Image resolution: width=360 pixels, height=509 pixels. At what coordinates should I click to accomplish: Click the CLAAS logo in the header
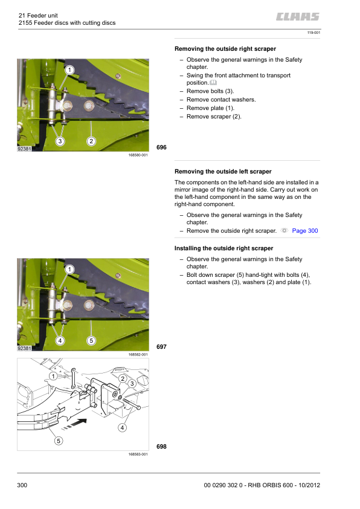(298, 17)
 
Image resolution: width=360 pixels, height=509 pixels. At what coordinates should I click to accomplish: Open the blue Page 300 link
(305, 231)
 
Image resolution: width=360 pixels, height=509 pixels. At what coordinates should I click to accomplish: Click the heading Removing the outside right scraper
(225, 49)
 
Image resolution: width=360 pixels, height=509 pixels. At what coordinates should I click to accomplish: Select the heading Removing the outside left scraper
(223, 172)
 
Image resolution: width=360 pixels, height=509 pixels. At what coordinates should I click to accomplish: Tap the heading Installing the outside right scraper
(223, 248)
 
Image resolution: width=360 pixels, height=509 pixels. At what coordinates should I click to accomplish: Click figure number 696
(161, 148)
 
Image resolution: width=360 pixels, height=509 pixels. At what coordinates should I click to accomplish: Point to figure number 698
(161, 447)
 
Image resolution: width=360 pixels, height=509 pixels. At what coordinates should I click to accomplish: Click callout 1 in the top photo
(69, 70)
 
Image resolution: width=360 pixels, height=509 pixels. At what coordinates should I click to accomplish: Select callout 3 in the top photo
(60, 141)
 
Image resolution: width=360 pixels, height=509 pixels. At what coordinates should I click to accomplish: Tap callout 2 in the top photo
(91, 141)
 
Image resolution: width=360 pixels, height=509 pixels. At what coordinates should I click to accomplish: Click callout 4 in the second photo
(60, 340)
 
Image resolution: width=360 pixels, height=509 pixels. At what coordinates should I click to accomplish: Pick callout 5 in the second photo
(91, 340)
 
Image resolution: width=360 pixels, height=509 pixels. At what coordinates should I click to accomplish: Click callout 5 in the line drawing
(59, 441)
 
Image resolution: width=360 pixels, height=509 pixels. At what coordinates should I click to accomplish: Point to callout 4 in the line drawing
(122, 428)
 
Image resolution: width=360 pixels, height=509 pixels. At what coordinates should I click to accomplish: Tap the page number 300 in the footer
(22, 485)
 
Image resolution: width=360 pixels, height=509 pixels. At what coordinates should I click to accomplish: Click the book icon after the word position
(213, 82)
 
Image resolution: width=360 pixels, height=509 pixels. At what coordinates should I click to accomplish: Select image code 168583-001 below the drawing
(138, 455)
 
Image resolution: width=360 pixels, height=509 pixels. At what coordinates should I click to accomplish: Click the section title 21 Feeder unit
(38, 16)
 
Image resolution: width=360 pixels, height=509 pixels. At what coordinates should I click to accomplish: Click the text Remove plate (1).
(210, 108)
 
